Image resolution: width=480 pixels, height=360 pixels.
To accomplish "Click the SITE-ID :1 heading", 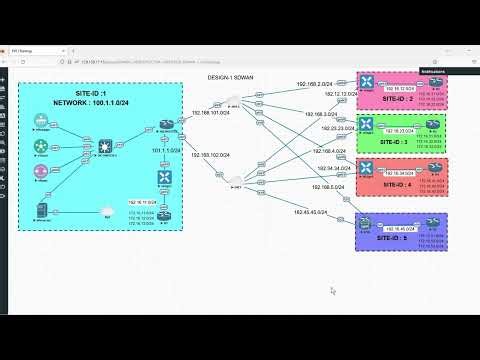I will tap(98, 92).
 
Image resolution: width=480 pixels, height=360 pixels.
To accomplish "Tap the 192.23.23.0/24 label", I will tap(315, 128).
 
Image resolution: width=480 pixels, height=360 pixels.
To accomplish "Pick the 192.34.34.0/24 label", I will tap(314, 169).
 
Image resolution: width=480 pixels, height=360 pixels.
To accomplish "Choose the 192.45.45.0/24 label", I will tap(311, 212).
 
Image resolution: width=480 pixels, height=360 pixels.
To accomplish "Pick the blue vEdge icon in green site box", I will tap(367, 125).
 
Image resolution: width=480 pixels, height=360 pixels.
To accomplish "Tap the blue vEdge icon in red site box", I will tap(367, 166).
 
